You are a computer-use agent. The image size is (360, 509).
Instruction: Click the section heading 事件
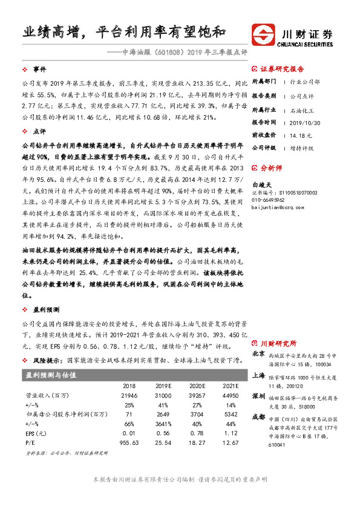39,70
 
